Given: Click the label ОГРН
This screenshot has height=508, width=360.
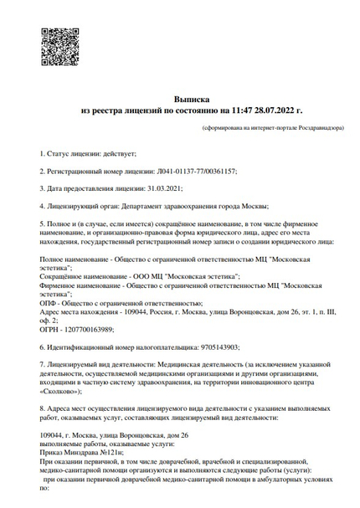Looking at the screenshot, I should (49, 330).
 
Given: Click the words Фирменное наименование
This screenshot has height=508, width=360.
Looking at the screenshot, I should (77, 285).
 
